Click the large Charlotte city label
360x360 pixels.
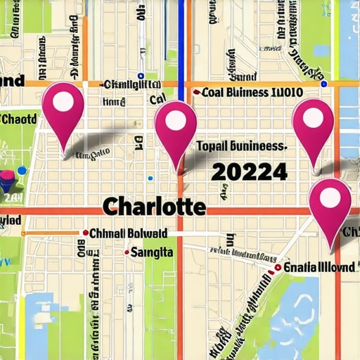click(x=154, y=207)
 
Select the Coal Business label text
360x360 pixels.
click(x=252, y=92)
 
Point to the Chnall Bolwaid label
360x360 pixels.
click(x=129, y=233)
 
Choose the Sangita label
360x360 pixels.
click(x=154, y=252)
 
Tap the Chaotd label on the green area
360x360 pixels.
click(x=19, y=119)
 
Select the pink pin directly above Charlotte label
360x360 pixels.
click(x=175, y=127)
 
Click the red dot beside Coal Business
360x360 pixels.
click(x=195, y=92)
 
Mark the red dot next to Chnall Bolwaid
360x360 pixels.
click(x=85, y=233)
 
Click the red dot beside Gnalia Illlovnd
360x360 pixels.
click(x=278, y=267)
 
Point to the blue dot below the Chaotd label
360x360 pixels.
click(x=22, y=170)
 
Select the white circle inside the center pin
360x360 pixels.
click(x=175, y=121)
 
